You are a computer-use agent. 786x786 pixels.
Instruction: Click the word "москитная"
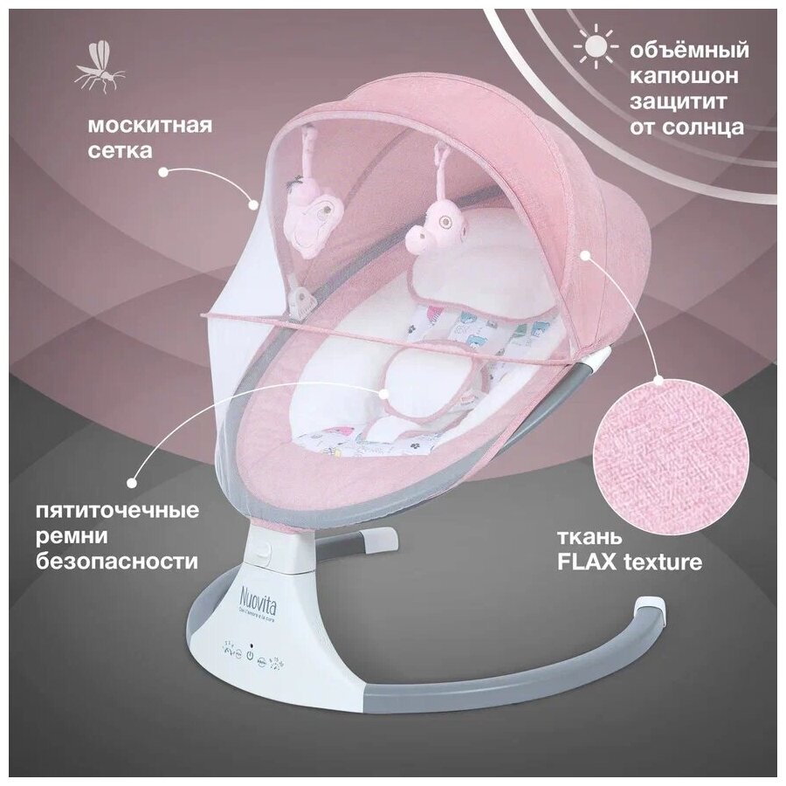[x=149, y=124]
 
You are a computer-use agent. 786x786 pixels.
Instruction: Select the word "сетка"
[x=120, y=150]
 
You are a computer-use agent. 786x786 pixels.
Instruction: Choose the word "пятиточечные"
[x=142, y=509]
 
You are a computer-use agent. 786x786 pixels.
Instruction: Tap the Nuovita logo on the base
[x=257, y=602]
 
